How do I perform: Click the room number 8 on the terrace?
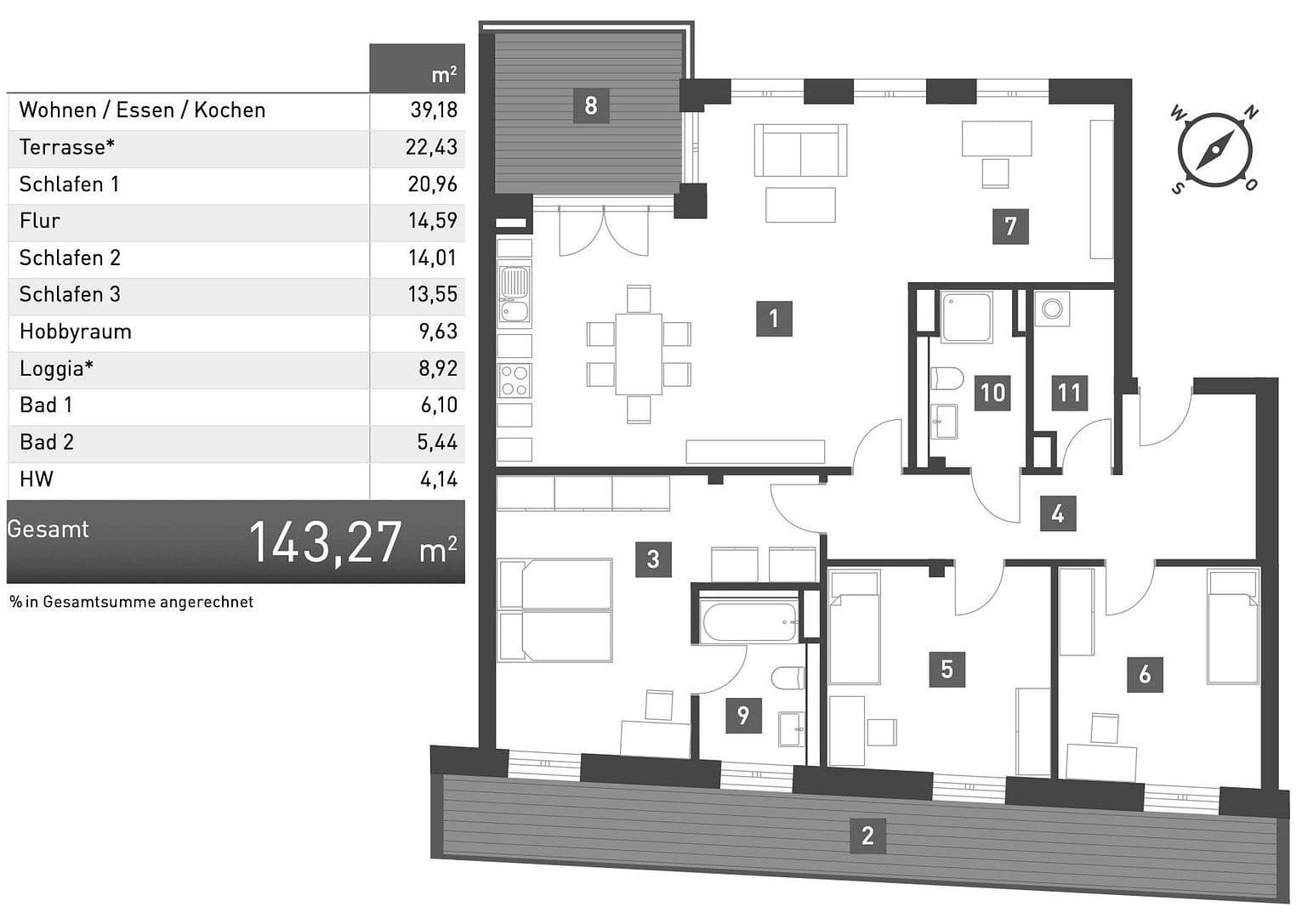pyautogui.click(x=591, y=105)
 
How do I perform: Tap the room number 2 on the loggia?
pyautogui.click(x=867, y=835)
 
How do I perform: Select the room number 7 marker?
pyautogui.click(x=1010, y=226)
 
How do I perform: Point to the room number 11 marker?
pyautogui.click(x=1069, y=393)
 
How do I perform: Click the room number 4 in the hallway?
pyautogui.click(x=1057, y=514)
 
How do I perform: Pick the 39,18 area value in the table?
pyautogui.click(x=434, y=110)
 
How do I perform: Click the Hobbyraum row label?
pyautogui.click(x=76, y=331)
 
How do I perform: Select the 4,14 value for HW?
pyautogui.click(x=439, y=479)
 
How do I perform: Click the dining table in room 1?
pyautogui.click(x=639, y=354)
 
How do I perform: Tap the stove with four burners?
pyautogui.click(x=515, y=380)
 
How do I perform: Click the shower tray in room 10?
pyautogui.click(x=967, y=316)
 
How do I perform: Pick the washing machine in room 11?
pyautogui.click(x=1052, y=309)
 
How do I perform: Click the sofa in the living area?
pyautogui.click(x=800, y=150)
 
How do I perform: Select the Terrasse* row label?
pyautogui.click(x=67, y=147)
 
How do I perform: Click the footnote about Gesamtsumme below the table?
pyautogui.click(x=132, y=602)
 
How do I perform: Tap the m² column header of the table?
pyautogui.click(x=443, y=75)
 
